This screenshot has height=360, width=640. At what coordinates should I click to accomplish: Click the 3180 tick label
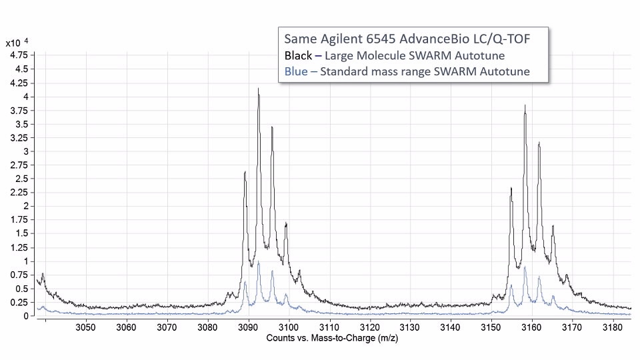click(612, 327)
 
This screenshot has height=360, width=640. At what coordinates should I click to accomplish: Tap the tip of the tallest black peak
click(258, 89)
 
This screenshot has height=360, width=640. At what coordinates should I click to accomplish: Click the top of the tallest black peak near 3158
click(525, 105)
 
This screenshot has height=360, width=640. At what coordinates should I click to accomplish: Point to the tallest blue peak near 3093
click(259, 262)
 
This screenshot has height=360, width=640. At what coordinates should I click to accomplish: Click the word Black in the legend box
click(298, 55)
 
